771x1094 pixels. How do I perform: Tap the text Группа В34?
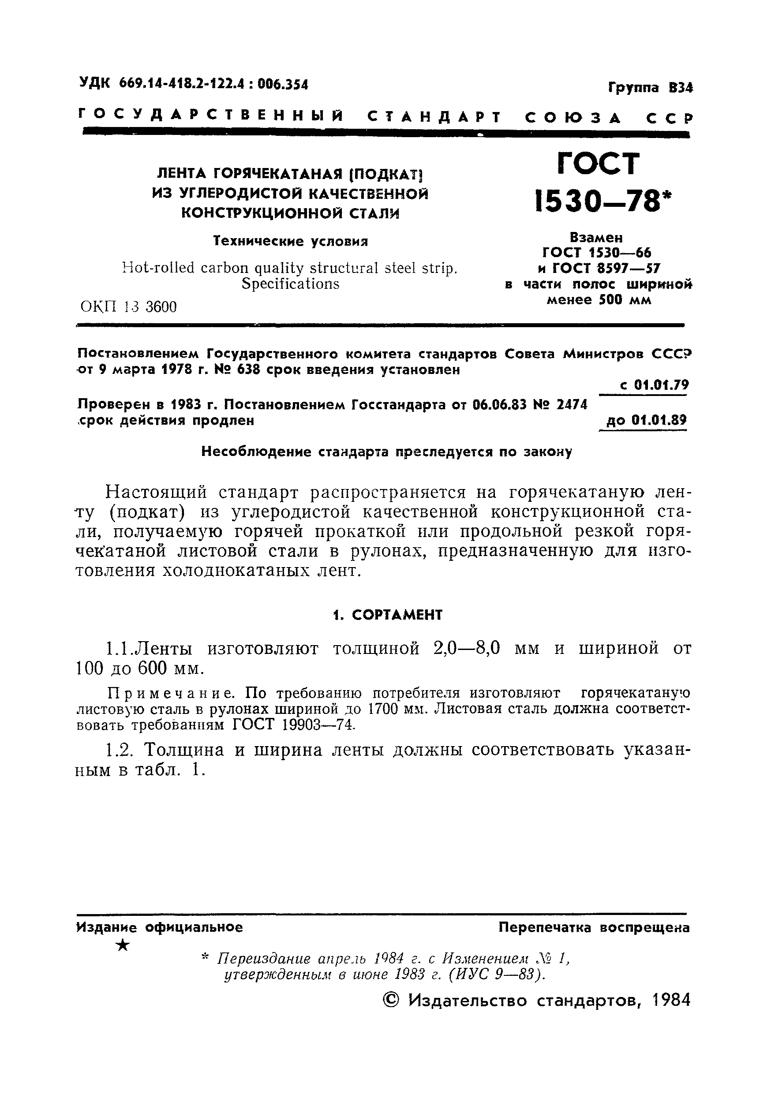click(x=650, y=88)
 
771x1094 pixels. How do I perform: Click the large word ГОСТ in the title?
click(x=598, y=164)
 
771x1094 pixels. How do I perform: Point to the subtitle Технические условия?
click(x=290, y=241)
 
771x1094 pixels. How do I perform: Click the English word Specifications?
click(x=290, y=284)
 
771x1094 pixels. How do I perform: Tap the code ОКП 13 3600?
click(x=129, y=306)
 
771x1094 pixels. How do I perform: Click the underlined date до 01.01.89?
click(x=646, y=420)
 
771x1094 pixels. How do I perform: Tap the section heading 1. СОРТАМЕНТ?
click(x=387, y=615)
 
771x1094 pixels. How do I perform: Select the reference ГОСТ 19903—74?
click(x=294, y=725)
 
